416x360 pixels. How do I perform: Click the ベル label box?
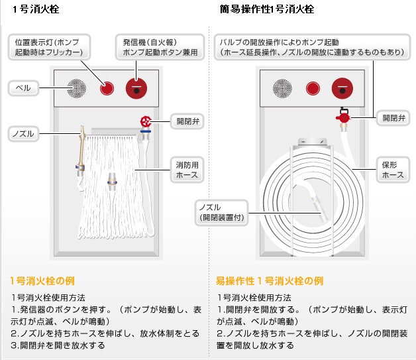(25, 87)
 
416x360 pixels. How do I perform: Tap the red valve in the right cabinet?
(343, 117)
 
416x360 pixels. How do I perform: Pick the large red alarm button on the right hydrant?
(342, 89)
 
